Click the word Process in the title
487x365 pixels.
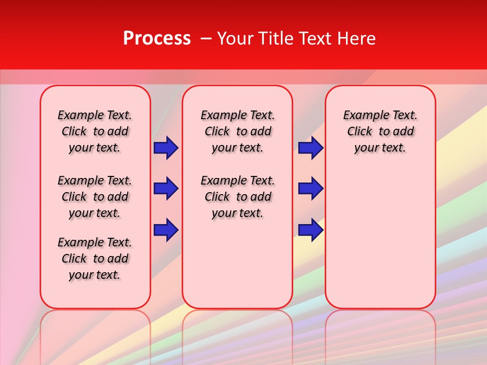coord(157,39)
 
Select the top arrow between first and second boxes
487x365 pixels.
coord(166,148)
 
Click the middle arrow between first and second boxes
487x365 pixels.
coord(166,189)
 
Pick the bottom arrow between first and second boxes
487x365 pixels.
coord(166,230)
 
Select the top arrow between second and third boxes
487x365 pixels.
coord(310,148)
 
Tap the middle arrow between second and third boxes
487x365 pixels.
coord(310,189)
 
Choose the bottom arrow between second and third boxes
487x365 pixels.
coord(310,230)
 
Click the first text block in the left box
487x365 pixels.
coord(95,131)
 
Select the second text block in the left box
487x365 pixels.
coord(95,197)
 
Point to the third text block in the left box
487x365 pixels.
coord(95,259)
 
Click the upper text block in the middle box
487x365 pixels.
coord(237,131)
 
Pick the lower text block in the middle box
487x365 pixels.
coord(237,197)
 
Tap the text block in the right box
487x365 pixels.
coord(380,131)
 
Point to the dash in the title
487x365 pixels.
coord(206,39)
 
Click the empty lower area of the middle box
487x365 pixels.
coord(237,264)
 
